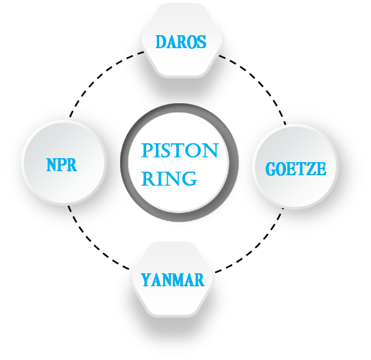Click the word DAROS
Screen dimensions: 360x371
click(181, 42)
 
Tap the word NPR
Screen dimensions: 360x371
click(61, 165)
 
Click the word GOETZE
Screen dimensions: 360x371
click(296, 169)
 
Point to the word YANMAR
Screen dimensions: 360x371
click(173, 280)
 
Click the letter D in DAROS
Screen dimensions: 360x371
click(161, 42)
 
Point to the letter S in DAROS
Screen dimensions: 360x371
click(201, 42)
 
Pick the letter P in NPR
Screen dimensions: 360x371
click(61, 165)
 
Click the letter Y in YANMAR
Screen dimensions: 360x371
click(146, 280)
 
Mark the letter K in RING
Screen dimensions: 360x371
click(148, 181)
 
